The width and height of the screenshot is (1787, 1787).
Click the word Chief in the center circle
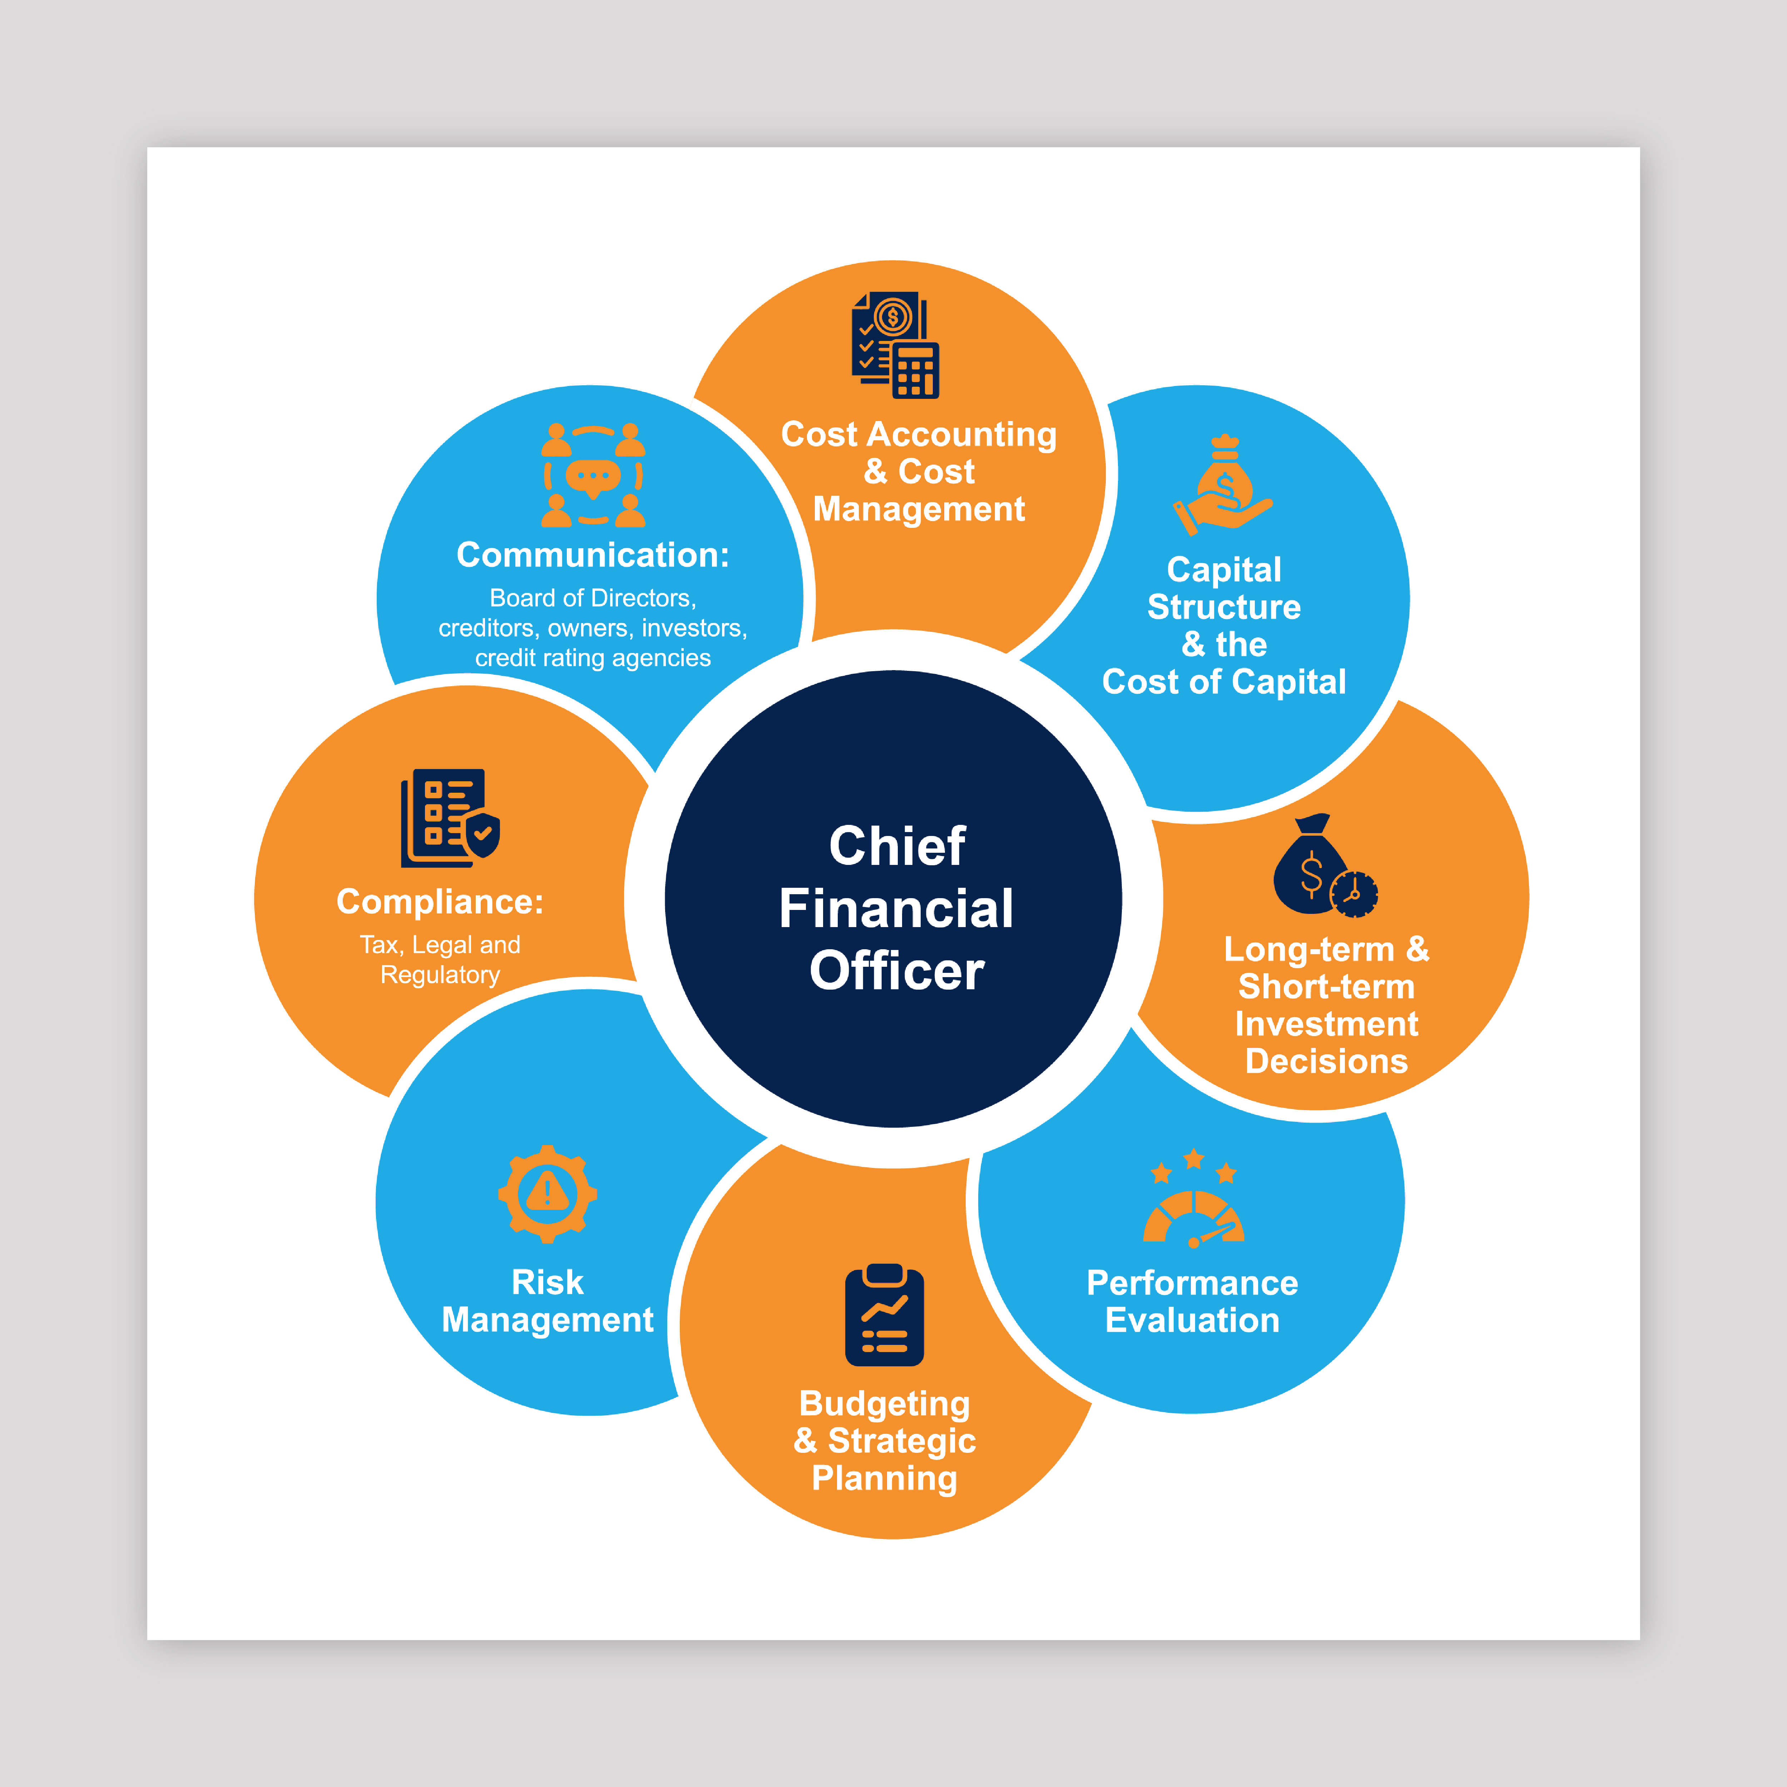coord(896,845)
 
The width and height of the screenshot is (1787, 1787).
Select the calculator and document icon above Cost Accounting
coord(895,345)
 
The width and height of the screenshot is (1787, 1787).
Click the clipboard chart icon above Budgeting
coord(884,1315)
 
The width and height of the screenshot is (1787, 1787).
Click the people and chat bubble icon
coord(593,475)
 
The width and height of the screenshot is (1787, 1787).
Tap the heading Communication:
coord(593,555)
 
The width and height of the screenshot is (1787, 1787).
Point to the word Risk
coord(548,1282)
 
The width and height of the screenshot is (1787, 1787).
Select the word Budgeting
coord(884,1403)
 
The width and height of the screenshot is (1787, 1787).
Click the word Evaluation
coord(1192,1320)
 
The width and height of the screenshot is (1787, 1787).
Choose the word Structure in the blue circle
coord(1224,607)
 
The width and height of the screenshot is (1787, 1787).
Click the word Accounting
coord(962,434)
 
